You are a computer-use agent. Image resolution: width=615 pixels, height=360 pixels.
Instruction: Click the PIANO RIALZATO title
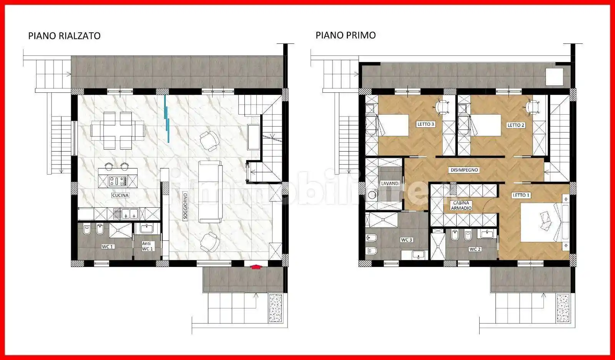(64, 36)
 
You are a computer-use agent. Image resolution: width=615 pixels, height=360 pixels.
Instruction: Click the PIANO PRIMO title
(346, 35)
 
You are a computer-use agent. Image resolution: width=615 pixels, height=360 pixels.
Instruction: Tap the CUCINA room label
(120, 195)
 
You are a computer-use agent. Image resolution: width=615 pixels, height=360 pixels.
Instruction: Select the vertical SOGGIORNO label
(185, 205)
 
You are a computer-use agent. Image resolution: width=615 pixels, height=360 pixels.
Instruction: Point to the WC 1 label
(107, 247)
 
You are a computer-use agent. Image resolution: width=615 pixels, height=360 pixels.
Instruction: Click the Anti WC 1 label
(147, 246)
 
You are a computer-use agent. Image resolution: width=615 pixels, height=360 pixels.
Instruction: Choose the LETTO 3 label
(426, 124)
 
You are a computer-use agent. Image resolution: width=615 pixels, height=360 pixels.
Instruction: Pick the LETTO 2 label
(516, 125)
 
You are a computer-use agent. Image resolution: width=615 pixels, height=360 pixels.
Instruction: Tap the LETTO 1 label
(521, 195)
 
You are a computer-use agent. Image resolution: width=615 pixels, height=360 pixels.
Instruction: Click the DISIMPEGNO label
(464, 170)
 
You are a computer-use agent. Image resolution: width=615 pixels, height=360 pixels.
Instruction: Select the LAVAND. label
(390, 183)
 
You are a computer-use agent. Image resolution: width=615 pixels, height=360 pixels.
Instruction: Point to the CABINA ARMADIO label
(461, 206)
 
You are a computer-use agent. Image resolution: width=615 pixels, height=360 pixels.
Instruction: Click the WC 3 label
(406, 240)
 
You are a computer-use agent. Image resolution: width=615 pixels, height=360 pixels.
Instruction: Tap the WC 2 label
(475, 249)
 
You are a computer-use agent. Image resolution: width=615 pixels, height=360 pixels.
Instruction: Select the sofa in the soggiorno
(210, 192)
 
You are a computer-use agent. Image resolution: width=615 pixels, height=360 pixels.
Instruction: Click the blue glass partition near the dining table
(167, 117)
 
